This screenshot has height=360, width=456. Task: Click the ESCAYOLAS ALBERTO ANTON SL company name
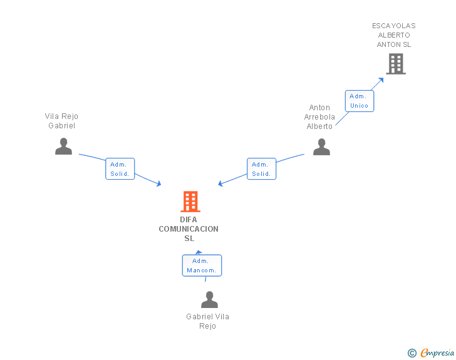393,35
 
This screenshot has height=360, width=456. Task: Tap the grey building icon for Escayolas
395,64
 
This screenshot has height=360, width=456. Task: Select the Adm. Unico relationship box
360,101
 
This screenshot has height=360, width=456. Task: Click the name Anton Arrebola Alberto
319,117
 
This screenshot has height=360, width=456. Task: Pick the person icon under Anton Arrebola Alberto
321,147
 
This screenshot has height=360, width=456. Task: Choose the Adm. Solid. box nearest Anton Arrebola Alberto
261,169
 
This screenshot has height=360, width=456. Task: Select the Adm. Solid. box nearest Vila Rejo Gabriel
120,169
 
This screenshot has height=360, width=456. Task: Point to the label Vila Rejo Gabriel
61,121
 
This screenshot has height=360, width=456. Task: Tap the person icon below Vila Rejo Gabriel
63,147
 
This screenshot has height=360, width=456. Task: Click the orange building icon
190,202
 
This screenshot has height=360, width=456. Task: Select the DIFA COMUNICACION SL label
189,229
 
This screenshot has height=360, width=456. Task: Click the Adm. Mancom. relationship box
202,265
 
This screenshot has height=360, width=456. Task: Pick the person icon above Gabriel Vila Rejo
209,300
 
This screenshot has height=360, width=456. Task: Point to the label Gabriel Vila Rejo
207,321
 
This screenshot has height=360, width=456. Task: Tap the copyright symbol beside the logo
412,353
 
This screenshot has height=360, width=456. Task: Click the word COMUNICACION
189,229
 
